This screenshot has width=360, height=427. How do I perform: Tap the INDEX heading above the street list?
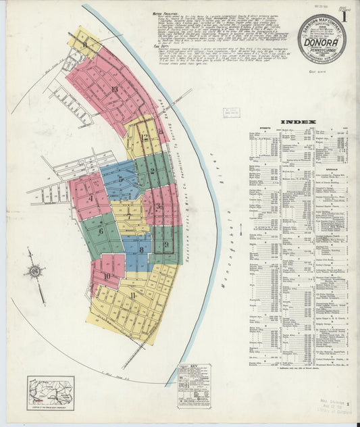pos(298,122)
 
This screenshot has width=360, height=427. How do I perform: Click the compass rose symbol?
pos(34,272)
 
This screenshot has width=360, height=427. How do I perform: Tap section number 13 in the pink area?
pos(114,89)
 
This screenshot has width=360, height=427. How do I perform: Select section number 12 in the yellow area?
pos(144,137)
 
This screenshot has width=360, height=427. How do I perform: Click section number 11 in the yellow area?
pos(133,295)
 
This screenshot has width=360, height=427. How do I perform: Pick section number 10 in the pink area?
pos(107,276)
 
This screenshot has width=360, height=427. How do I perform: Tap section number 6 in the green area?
pos(100,231)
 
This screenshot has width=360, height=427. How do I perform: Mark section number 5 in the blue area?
pos(121,180)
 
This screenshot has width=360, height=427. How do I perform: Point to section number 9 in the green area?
pos(165,245)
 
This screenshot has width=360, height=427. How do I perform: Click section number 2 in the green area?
pos(153,171)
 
